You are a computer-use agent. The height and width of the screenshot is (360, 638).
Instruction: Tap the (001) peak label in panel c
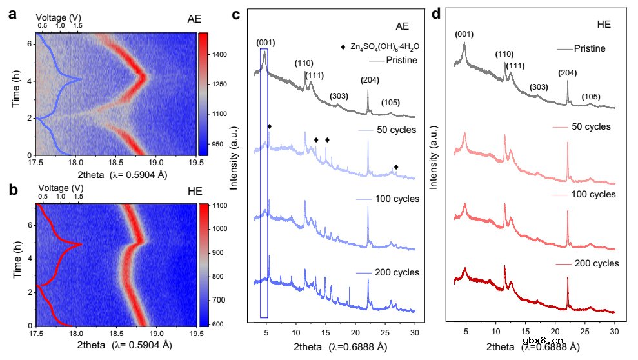pyautogui.click(x=266, y=43)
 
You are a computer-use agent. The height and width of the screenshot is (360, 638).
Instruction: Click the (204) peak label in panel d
pyautogui.click(x=567, y=73)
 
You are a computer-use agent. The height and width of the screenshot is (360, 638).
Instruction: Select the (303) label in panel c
pyautogui.click(x=339, y=96)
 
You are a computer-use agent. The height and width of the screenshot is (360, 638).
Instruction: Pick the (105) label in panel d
pyautogui.click(x=591, y=97)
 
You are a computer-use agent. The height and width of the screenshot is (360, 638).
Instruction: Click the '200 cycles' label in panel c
pyautogui.click(x=397, y=272)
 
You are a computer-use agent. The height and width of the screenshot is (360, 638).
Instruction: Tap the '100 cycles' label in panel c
pyautogui.click(x=397, y=199)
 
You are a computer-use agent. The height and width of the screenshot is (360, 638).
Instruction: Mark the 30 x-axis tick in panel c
pyautogui.click(x=415, y=333)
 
